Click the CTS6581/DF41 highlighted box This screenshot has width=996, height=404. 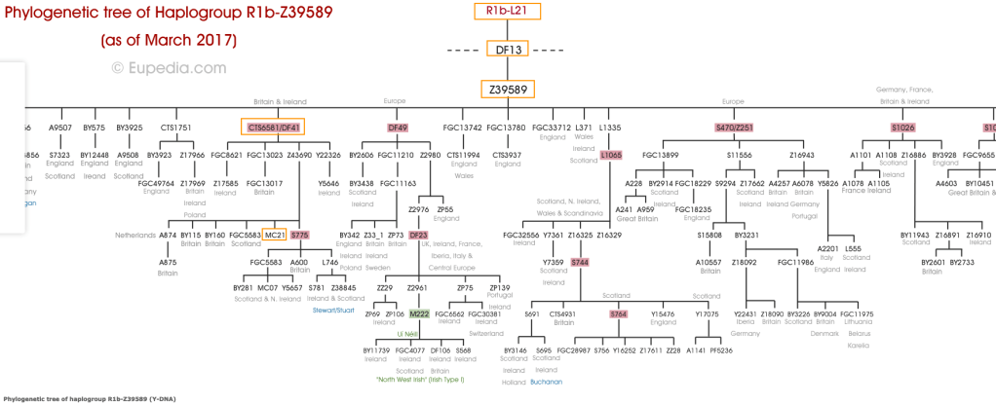[x=274, y=128]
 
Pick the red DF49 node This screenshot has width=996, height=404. [x=398, y=128]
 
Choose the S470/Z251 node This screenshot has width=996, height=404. [x=734, y=128]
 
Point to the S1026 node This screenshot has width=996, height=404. [x=903, y=128]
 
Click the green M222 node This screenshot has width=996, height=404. [x=420, y=314]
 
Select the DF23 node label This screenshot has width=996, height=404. [x=418, y=235]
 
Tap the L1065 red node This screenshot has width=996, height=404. [x=611, y=155]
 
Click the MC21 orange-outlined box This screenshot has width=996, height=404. [x=275, y=235]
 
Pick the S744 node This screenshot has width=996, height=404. [x=580, y=262]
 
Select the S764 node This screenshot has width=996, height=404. [x=618, y=314]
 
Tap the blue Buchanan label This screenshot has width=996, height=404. [x=546, y=383]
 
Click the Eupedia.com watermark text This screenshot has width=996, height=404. [x=169, y=68]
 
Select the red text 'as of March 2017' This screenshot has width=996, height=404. [x=169, y=41]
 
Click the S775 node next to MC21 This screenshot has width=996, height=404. [x=299, y=235]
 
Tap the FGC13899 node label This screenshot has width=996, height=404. [x=660, y=155]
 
